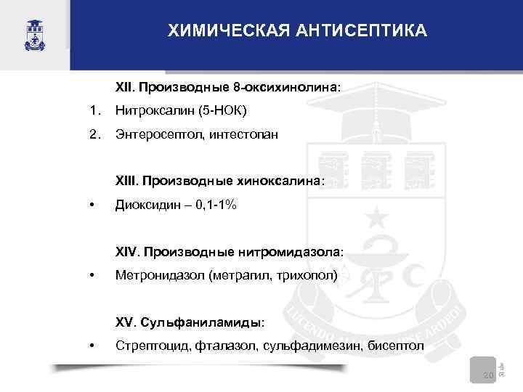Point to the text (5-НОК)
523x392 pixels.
coord(222,111)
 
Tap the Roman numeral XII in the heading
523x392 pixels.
coord(125,87)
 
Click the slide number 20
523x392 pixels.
coord(488,375)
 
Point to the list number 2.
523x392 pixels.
coord(92,135)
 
